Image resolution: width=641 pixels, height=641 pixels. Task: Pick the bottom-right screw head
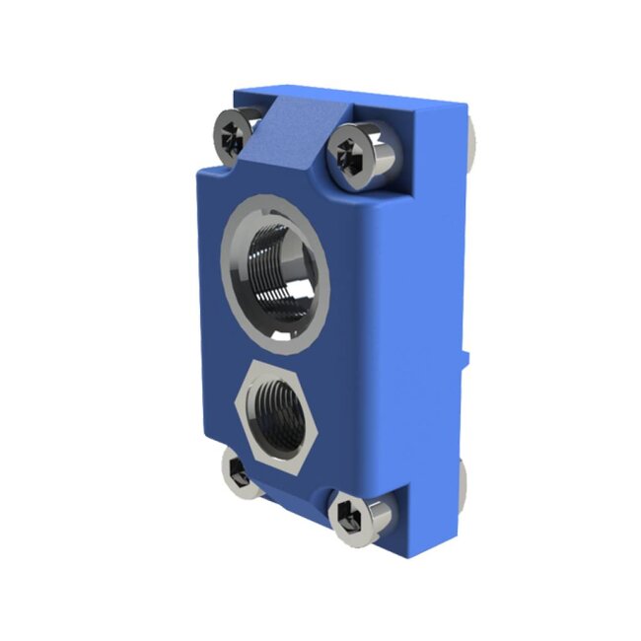click(355, 515)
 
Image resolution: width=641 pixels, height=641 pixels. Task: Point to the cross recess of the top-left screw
click(231, 136)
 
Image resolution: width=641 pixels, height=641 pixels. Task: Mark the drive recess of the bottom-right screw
click(349, 517)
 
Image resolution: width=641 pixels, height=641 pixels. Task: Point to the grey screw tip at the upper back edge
click(476, 138)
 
